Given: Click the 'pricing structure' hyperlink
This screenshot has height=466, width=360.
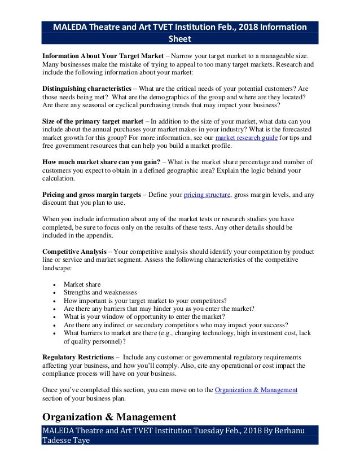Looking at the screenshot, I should click(207, 195).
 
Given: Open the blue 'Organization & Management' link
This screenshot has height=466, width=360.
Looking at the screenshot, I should click(256, 390).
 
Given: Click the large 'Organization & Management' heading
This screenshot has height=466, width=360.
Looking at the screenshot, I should click(109, 417).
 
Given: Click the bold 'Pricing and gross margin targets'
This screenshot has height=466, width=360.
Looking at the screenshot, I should click(92, 195).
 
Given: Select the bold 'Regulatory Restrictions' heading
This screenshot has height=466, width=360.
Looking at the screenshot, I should click(78, 358).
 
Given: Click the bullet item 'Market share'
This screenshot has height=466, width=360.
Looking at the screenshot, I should click(82, 284).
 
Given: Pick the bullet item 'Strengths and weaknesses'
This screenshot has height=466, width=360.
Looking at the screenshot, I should click(100, 292).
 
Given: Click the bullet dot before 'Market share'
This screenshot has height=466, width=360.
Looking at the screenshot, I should click(53, 285).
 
